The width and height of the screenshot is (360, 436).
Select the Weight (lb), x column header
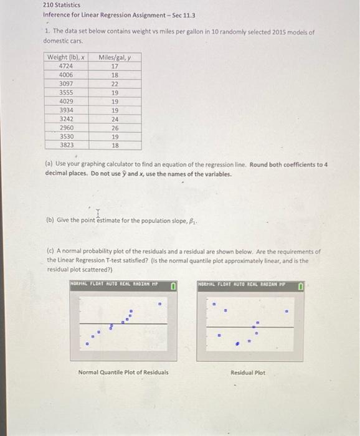tap(65, 57)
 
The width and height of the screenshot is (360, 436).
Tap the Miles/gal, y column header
tap(114, 57)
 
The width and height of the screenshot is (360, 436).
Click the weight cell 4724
tap(65, 66)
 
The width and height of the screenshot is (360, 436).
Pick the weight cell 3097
tap(65, 83)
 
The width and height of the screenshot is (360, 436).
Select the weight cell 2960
tap(65, 127)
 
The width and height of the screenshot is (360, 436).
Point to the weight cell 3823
tap(65, 145)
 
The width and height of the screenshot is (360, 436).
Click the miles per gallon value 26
tap(115, 127)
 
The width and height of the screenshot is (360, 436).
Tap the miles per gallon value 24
tap(115, 118)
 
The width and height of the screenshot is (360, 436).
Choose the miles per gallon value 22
tap(115, 83)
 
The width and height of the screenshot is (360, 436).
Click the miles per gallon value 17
tap(115, 66)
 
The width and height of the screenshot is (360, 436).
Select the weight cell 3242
tap(65, 118)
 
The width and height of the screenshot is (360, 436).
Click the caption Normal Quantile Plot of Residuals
tap(123, 372)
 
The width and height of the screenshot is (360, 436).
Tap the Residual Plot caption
tap(247, 372)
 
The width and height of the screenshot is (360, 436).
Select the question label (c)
tap(51, 252)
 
